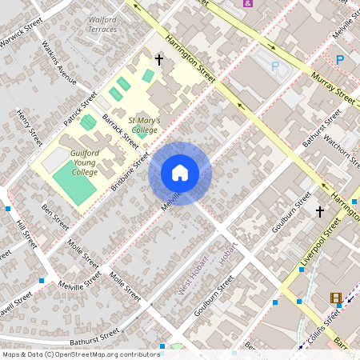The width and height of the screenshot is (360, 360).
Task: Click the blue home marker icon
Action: tap(180, 173)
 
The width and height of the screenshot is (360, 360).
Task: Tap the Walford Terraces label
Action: tap(102, 24)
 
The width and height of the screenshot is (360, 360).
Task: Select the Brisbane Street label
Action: tap(130, 170)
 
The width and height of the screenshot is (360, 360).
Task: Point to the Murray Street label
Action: tap(334, 87)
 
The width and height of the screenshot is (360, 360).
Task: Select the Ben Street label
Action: tap(56, 216)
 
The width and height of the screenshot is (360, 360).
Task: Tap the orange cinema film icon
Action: tap(335, 299)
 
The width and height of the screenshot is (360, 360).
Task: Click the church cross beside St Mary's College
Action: tap(158, 59)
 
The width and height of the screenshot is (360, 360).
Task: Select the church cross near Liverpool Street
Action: tap(320, 211)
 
